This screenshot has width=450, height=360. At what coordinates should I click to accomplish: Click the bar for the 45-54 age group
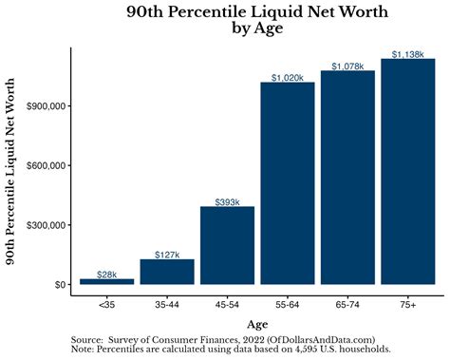tap(227, 245)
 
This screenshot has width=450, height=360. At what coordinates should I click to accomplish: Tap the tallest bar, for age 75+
tap(407, 171)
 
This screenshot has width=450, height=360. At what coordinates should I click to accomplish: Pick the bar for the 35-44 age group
tap(167, 272)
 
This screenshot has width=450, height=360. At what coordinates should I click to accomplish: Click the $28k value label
tap(107, 275)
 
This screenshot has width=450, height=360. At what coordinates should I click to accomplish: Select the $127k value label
tap(167, 255)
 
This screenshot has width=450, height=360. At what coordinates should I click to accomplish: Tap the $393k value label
tap(227, 201)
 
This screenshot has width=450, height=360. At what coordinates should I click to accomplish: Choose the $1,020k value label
tap(287, 77)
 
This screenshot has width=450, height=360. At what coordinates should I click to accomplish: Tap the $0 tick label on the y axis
tap(59, 285)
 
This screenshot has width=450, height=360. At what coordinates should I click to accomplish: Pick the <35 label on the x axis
tap(107, 305)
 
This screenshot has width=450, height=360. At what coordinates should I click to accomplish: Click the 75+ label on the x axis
tap(407, 305)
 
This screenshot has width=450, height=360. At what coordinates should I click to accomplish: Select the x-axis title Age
tap(257, 323)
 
